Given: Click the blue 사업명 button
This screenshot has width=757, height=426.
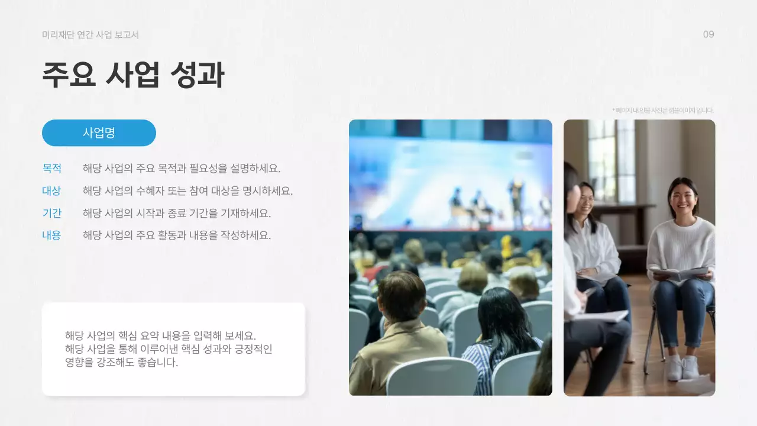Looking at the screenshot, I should (99, 133).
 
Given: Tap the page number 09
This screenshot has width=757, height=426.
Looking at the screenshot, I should (709, 34).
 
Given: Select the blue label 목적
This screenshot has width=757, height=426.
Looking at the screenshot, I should (52, 168).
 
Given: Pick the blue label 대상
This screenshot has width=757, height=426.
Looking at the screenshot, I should (52, 191).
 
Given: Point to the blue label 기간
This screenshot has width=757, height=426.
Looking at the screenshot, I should (52, 213).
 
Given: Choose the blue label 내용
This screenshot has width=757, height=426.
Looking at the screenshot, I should (52, 235).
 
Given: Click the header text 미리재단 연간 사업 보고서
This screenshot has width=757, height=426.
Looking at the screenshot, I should (90, 35).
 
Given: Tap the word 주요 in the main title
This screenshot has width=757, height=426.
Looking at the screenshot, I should (69, 76).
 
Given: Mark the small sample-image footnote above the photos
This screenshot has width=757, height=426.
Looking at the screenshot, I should (663, 110).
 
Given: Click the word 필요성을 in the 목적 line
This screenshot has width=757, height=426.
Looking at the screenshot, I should (208, 168).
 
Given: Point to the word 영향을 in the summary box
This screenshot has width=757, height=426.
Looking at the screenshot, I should (79, 362).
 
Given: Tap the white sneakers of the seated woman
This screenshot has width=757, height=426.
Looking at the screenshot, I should (682, 367).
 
